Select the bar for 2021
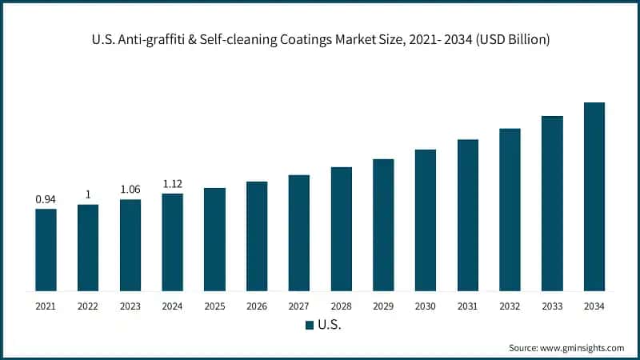[46, 250]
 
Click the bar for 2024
[172, 242]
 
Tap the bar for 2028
[341, 229]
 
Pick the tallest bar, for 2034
[594, 197]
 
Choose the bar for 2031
[467, 215]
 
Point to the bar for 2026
[257, 236]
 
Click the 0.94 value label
[46, 199]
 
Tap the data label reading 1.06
[130, 190]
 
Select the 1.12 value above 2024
[172, 183]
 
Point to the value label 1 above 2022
[88, 194]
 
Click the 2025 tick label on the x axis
[214, 306]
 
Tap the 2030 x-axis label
[425, 306]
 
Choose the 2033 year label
[551, 306]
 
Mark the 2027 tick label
[298, 306]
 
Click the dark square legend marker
[309, 325]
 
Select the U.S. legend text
[330, 325]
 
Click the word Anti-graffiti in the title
[146, 40]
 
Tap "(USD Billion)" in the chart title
[510, 40]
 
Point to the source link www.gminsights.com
[583, 348]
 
